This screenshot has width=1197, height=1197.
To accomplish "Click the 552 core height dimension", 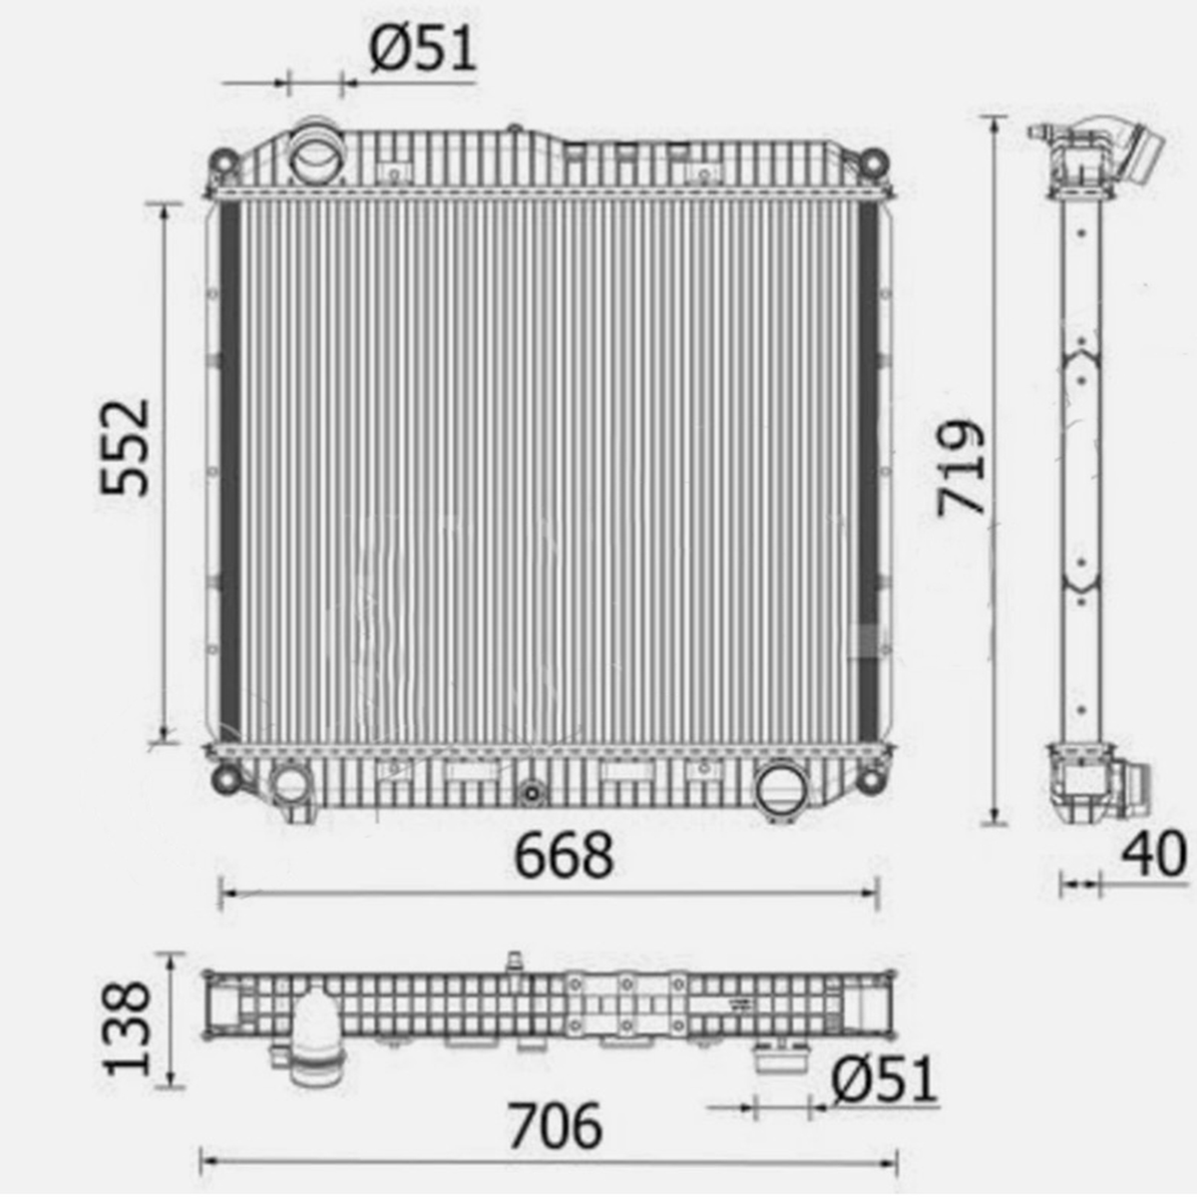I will click(x=127, y=448).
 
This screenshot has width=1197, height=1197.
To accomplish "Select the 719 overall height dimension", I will click(x=962, y=467).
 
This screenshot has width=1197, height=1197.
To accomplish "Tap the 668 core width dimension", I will click(x=564, y=856).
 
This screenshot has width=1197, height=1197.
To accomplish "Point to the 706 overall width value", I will click(x=556, y=1125).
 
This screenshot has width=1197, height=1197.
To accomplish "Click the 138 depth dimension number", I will click(x=130, y=1028).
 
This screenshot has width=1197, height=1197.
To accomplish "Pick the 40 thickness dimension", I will click(x=1155, y=854).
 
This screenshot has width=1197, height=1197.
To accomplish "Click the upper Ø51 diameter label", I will click(x=423, y=48).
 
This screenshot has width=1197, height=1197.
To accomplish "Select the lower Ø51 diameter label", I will click(x=884, y=1079).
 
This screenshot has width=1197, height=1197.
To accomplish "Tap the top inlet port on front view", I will click(x=318, y=154).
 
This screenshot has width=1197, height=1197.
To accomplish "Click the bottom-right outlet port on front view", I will click(x=781, y=789).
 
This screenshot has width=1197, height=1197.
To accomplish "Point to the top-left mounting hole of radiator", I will click(x=223, y=161).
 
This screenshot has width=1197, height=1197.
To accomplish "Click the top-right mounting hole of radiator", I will click(x=873, y=161).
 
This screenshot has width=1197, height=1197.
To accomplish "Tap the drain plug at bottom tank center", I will click(x=532, y=793).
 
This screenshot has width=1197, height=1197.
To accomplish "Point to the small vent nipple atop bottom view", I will click(x=516, y=961).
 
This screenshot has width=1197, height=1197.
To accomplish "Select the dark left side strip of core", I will click(x=229, y=469).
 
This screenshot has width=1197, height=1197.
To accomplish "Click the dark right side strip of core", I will click(x=868, y=469).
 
